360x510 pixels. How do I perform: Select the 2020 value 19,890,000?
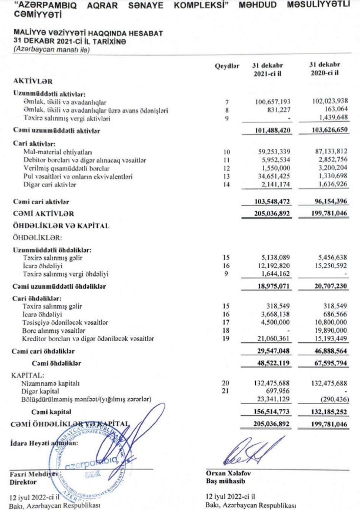pyautogui.click(x=329, y=331)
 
